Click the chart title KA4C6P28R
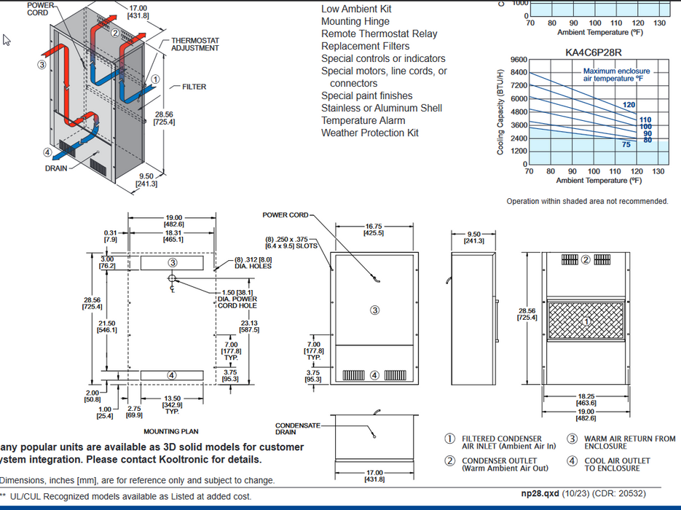[594, 52]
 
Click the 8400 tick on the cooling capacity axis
[518, 72]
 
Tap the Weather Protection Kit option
[370, 133]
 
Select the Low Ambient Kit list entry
[356, 9]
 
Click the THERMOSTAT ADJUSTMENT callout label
[194, 44]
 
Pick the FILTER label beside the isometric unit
[194, 87]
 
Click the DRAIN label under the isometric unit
[56, 168]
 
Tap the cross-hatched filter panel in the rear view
[587, 321]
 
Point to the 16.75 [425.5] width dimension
[374, 229]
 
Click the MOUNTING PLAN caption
[170, 431]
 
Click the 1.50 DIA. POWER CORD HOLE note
[237, 299]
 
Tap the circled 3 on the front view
[374, 310]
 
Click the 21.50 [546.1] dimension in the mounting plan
[107, 326]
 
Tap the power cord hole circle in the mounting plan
[171, 278]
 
